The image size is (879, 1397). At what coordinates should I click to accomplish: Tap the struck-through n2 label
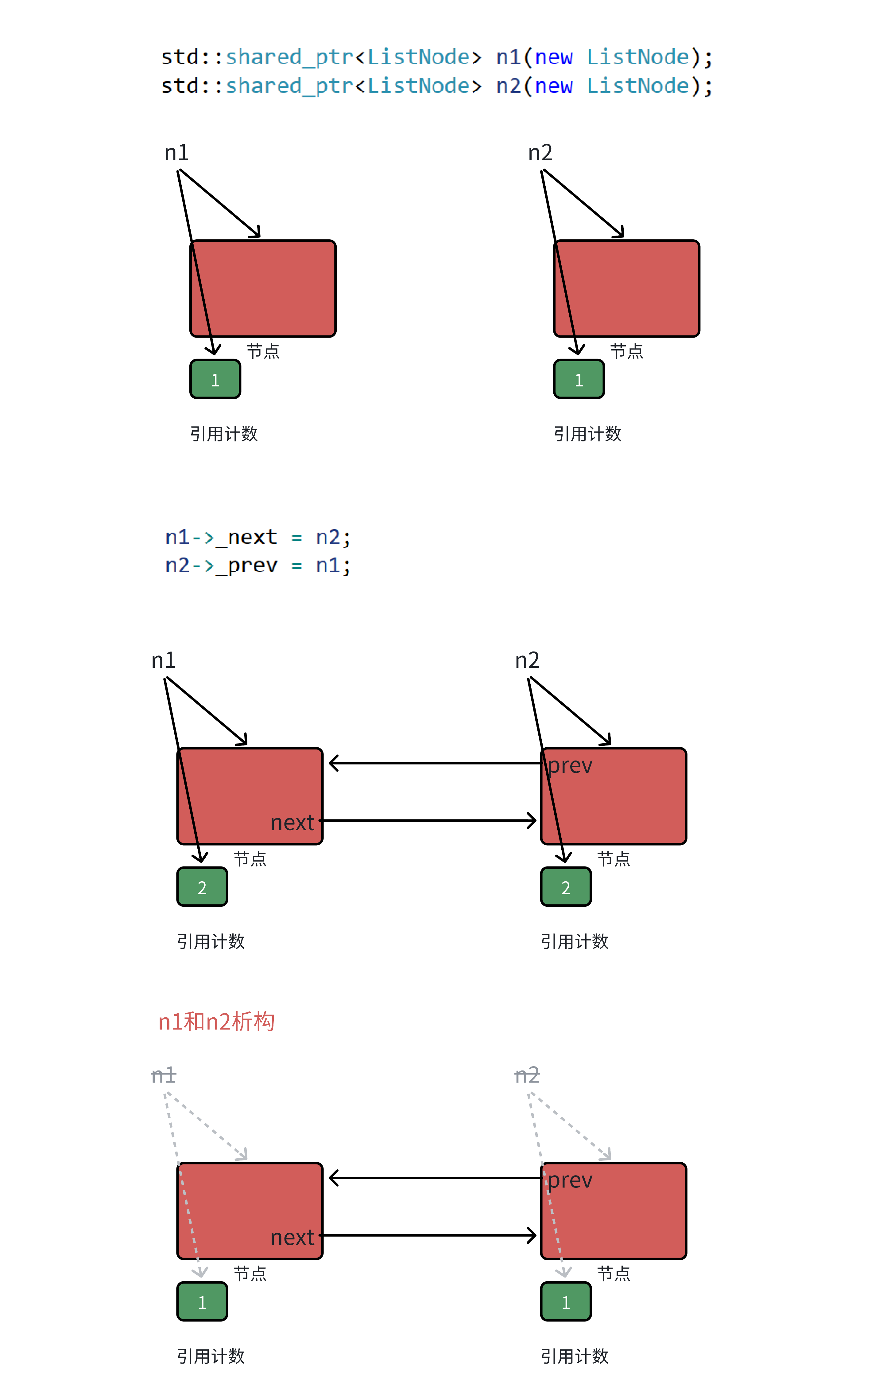pos(527,1075)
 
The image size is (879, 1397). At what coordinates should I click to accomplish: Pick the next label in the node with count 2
pos(292,823)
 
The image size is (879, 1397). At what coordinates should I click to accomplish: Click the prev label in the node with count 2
pos(570,765)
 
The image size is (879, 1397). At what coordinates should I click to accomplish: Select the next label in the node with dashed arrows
pos(292,1238)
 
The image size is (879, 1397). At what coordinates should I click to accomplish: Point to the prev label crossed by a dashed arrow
pos(570,1180)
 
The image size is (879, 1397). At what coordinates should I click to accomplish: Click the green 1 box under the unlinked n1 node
pos(215,379)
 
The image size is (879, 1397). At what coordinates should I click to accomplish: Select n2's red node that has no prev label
pos(626,288)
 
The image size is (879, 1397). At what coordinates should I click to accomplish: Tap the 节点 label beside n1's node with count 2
pos(250,859)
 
